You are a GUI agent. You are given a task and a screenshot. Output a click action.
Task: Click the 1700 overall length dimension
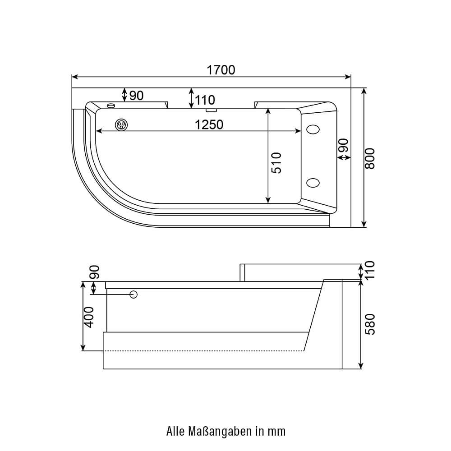tap(221, 70)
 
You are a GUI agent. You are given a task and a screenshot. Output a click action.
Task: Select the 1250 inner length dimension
tap(209, 124)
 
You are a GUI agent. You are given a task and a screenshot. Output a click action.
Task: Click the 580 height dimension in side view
tap(370, 324)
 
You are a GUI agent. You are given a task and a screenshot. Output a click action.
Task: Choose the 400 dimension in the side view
tap(89, 317)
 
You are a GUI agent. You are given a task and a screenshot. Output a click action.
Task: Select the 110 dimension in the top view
tap(205, 100)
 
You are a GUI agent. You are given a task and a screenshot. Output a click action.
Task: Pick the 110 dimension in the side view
tap(370, 270)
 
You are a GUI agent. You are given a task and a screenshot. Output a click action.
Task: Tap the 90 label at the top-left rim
tap(136, 96)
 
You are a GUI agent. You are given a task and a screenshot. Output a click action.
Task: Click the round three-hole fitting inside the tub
tap(121, 124)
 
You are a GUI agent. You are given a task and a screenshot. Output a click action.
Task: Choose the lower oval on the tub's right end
tap(313, 183)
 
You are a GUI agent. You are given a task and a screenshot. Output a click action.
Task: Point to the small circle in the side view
tap(133, 295)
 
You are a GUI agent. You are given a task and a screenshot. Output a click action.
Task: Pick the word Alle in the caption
tap(175, 432)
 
